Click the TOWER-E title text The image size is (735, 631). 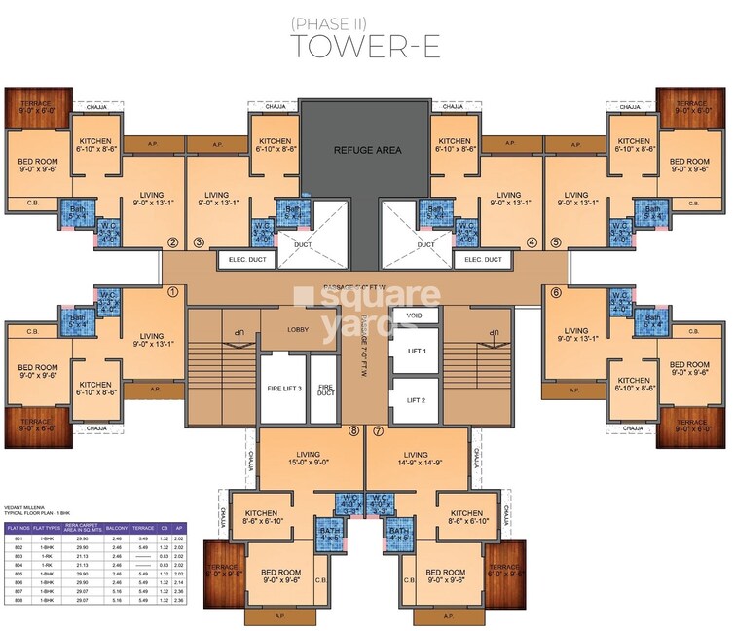click(x=367, y=47)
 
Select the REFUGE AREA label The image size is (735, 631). click(x=366, y=151)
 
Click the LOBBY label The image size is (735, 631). click(x=298, y=329)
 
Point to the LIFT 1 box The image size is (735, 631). click(x=416, y=350)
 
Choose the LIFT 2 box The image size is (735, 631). click(x=416, y=399)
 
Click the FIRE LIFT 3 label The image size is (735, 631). click(x=282, y=388)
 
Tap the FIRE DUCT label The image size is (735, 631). click(x=326, y=388)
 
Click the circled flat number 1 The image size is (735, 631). click(x=173, y=290)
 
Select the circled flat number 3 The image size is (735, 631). click(x=199, y=243)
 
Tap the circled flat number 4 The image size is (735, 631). click(x=532, y=243)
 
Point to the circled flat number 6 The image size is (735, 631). click(x=556, y=291)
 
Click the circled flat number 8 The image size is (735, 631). click(x=353, y=430)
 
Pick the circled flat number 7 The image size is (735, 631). click(x=378, y=430)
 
